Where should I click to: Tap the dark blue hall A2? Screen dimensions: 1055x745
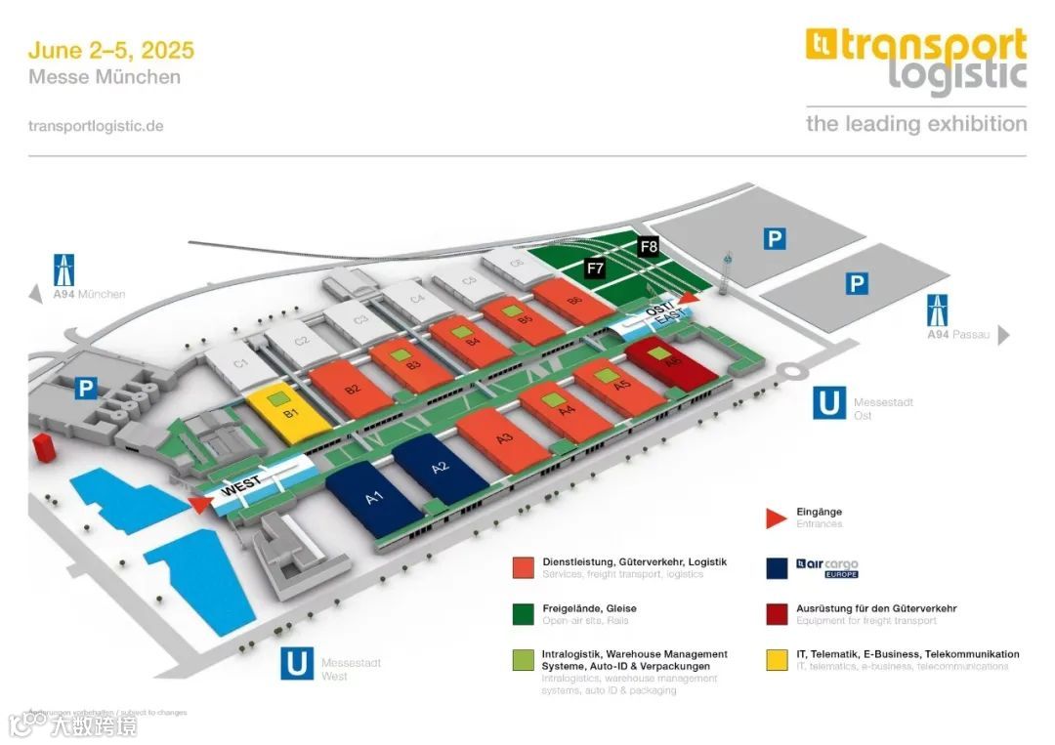tap(440, 468)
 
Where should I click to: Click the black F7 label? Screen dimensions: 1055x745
tap(594, 267)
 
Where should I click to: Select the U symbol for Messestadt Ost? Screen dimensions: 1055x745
tap(829, 402)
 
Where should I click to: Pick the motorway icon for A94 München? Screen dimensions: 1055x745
tap(65, 269)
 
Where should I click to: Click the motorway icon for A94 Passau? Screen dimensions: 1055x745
tap(937, 310)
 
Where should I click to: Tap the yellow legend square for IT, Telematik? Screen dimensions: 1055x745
tap(779, 660)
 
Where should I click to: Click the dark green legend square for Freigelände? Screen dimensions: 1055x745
tap(524, 614)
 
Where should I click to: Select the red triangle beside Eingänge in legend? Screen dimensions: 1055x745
tap(777, 517)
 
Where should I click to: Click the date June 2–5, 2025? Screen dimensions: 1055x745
tap(111, 50)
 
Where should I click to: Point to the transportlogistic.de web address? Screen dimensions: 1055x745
tap(96, 126)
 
